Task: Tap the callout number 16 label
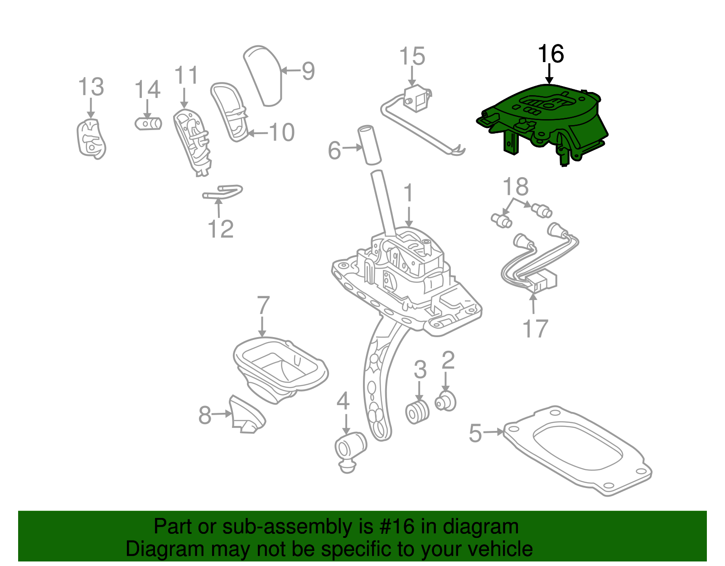point(551,54)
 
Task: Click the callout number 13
point(91,87)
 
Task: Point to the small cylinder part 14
point(149,123)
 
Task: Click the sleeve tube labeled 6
point(370,145)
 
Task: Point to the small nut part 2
point(446,402)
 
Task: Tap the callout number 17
point(535,329)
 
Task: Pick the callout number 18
point(516,187)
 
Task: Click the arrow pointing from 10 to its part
point(257,133)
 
